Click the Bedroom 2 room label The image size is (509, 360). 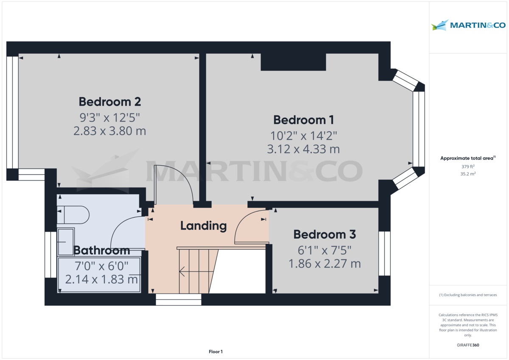tap(109, 102)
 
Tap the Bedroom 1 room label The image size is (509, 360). tap(303, 120)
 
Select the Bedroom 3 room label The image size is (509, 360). tap(324, 234)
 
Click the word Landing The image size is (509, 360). tap(203, 226)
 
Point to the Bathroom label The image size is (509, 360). tap(101, 251)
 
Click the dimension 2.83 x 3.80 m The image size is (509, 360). tap(109, 131)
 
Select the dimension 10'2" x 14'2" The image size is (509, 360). tap(303, 136)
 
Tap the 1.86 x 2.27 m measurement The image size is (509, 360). tap(324, 264)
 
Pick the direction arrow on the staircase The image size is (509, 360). tap(182, 271)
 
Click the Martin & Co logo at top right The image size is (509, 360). tap(468, 25)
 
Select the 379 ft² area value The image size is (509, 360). tap(468, 167)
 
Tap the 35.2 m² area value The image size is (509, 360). tap(468, 174)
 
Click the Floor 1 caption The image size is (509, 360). tap(215, 352)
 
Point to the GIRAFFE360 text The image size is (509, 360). tap(468, 345)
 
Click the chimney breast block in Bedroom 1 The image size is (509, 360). tap(293, 62)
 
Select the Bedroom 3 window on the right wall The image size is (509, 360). tap(384, 253)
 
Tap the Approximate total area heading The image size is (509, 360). tap(468, 158)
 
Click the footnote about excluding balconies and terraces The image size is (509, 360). tap(468, 295)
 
